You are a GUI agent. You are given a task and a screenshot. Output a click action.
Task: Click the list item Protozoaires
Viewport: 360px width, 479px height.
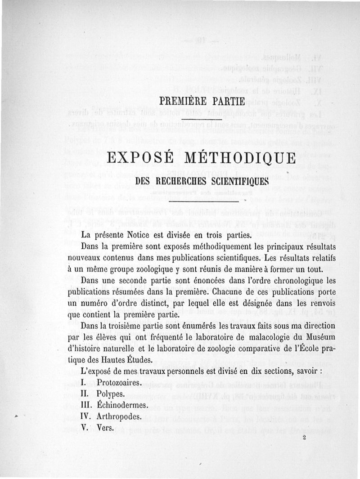coord(119,383)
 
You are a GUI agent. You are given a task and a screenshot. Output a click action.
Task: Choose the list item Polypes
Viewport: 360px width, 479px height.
coord(111,394)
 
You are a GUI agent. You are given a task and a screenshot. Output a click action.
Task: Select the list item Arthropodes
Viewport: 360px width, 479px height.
coord(119,416)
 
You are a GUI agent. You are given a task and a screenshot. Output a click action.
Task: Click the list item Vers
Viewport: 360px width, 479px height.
coord(104,428)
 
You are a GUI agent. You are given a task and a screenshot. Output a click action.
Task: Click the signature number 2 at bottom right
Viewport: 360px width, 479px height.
coord(304,436)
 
